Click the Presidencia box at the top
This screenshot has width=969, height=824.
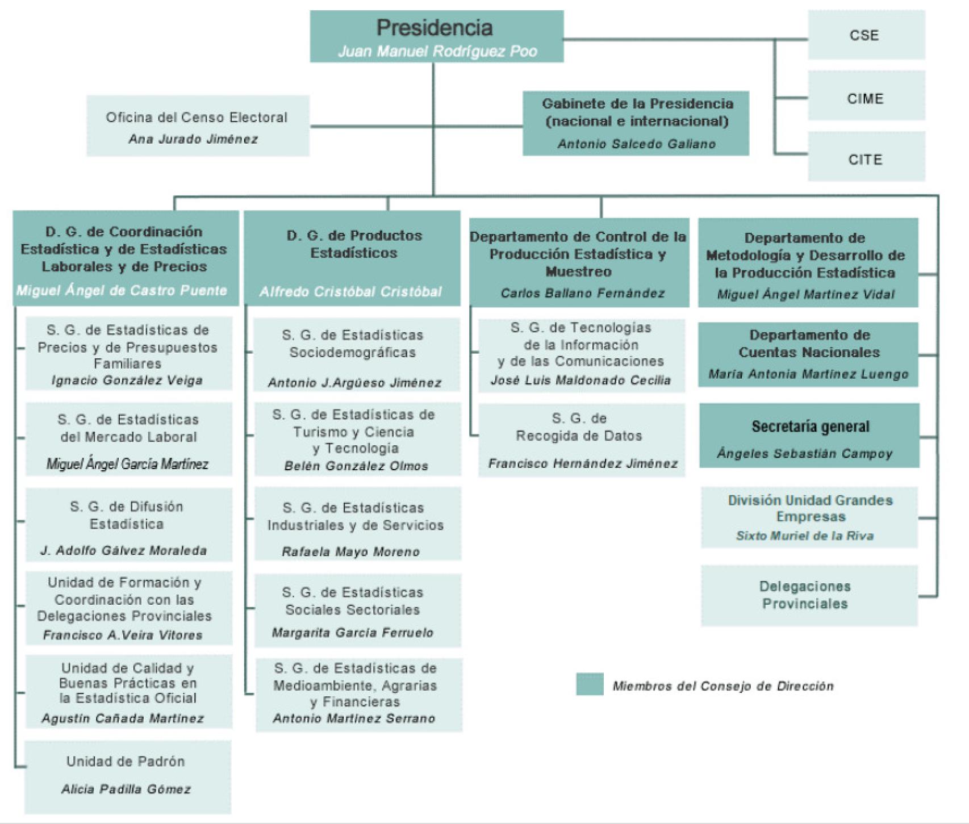click(436, 36)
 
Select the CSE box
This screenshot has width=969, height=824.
click(866, 35)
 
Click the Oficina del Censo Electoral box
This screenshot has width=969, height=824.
click(198, 126)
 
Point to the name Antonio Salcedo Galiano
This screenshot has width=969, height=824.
click(636, 144)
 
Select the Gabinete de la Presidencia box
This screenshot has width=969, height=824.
click(636, 123)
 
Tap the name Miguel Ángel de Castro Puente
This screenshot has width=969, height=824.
click(122, 291)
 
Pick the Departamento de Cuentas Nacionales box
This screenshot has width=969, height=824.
click(808, 355)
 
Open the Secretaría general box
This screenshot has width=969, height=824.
click(809, 436)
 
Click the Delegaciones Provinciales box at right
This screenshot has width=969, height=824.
click(809, 595)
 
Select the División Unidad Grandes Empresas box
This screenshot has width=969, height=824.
click(809, 517)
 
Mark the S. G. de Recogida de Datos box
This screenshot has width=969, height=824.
click(581, 440)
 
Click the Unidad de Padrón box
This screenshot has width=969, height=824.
click(127, 776)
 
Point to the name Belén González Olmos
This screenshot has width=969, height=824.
click(356, 466)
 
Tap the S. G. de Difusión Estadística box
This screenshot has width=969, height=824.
click(128, 524)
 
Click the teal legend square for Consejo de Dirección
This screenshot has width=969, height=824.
click(590, 684)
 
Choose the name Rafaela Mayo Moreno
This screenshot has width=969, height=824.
click(351, 552)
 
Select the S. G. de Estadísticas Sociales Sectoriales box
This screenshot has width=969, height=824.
click(357, 610)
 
